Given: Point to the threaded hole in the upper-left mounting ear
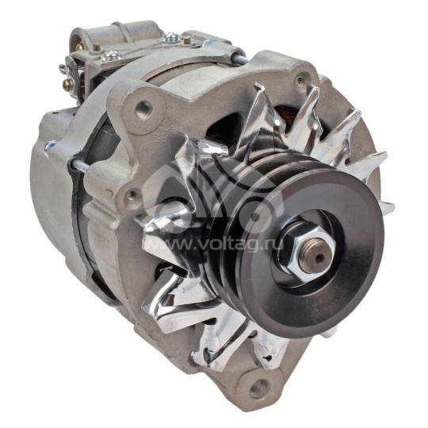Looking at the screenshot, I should pyautogui.click(x=143, y=111).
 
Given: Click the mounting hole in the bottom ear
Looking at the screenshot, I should pyautogui.click(x=258, y=388).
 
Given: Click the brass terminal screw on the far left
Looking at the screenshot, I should pyautogui.click(x=66, y=74).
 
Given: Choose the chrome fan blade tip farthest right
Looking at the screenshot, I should pyautogui.click(x=388, y=208).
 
